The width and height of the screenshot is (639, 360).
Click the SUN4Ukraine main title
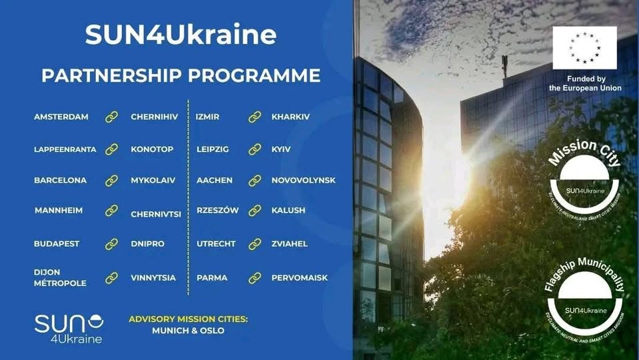pyautogui.click(x=181, y=35)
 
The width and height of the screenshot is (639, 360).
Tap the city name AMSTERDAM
pyautogui.click(x=61, y=117)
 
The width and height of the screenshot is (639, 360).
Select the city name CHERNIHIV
pyautogui.click(x=154, y=117)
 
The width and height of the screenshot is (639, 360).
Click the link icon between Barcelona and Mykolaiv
pyautogui.click(x=111, y=180)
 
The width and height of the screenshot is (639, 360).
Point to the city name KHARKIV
pyautogui.click(x=291, y=117)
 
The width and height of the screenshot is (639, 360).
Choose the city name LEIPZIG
pyautogui.click(x=213, y=149)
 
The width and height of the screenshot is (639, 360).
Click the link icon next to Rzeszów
pyautogui.click(x=255, y=210)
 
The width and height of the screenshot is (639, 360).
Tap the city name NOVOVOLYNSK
pyautogui.click(x=303, y=180)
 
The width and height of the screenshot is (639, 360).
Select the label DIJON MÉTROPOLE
pyautogui.click(x=60, y=277)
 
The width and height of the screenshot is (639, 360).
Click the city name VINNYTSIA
pyautogui.click(x=153, y=277)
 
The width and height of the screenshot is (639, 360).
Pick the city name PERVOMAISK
pyautogui.click(x=299, y=277)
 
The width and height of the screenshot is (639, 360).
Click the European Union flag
pyautogui.click(x=584, y=48)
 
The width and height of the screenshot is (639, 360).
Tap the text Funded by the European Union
pyautogui.click(x=585, y=83)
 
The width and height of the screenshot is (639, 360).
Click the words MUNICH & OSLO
pyautogui.click(x=188, y=331)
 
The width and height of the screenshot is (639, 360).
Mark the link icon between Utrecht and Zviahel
pyautogui.click(x=255, y=244)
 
